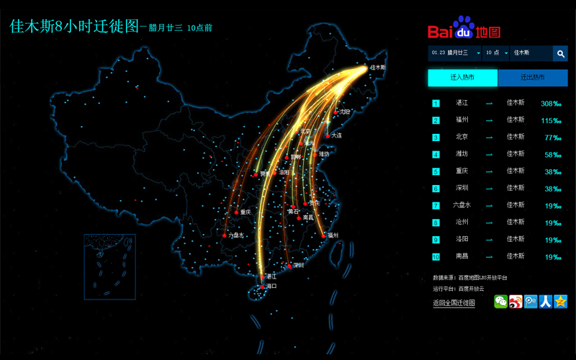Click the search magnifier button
click(560, 53)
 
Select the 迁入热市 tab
click(462, 77)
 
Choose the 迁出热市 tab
click(532, 77)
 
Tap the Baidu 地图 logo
click(464, 29)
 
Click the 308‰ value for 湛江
click(551, 103)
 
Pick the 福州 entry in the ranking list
click(462, 120)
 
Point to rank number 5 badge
click(436, 172)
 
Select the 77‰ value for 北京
click(552, 137)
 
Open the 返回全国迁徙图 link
click(454, 303)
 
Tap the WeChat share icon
click(500, 302)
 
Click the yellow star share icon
click(560, 302)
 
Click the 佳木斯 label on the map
click(378, 68)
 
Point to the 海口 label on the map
click(271, 287)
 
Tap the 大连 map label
click(336, 135)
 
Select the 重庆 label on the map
click(246, 212)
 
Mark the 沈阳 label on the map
click(345, 112)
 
